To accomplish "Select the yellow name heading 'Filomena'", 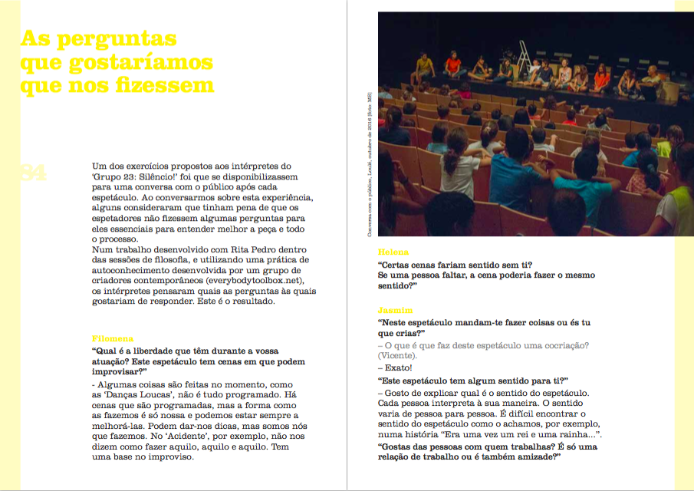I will tap(113, 338).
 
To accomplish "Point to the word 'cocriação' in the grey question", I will tap(562, 345).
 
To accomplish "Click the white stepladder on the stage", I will tap(524, 52).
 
